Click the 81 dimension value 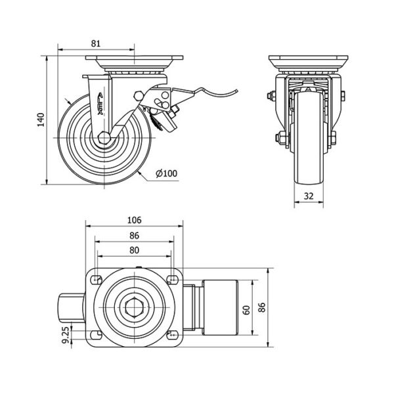tap(96, 43)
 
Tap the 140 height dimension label tap(41, 120)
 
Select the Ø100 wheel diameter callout tap(167, 173)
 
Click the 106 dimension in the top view tap(135, 221)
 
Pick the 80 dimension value tap(135, 250)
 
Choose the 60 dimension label tap(246, 309)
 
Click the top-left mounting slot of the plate tap(97, 280)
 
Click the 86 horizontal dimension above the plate tap(135, 235)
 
